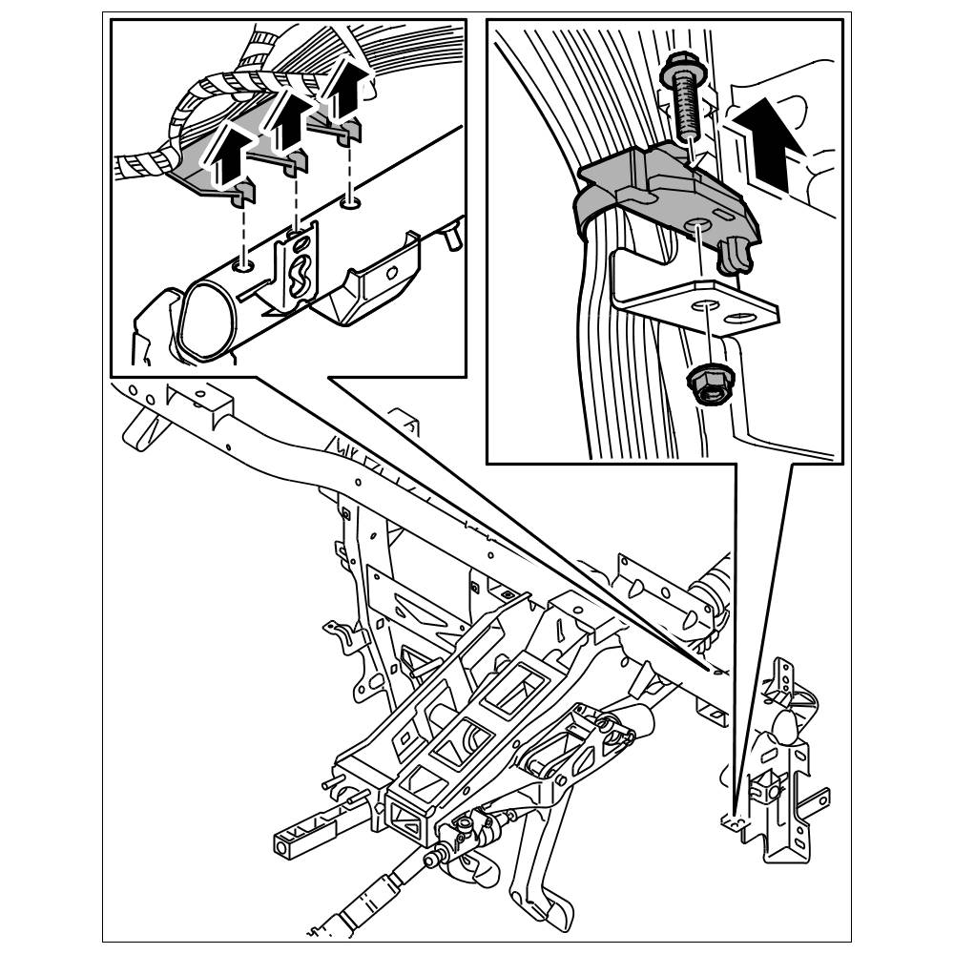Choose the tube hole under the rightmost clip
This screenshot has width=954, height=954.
[350, 202]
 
